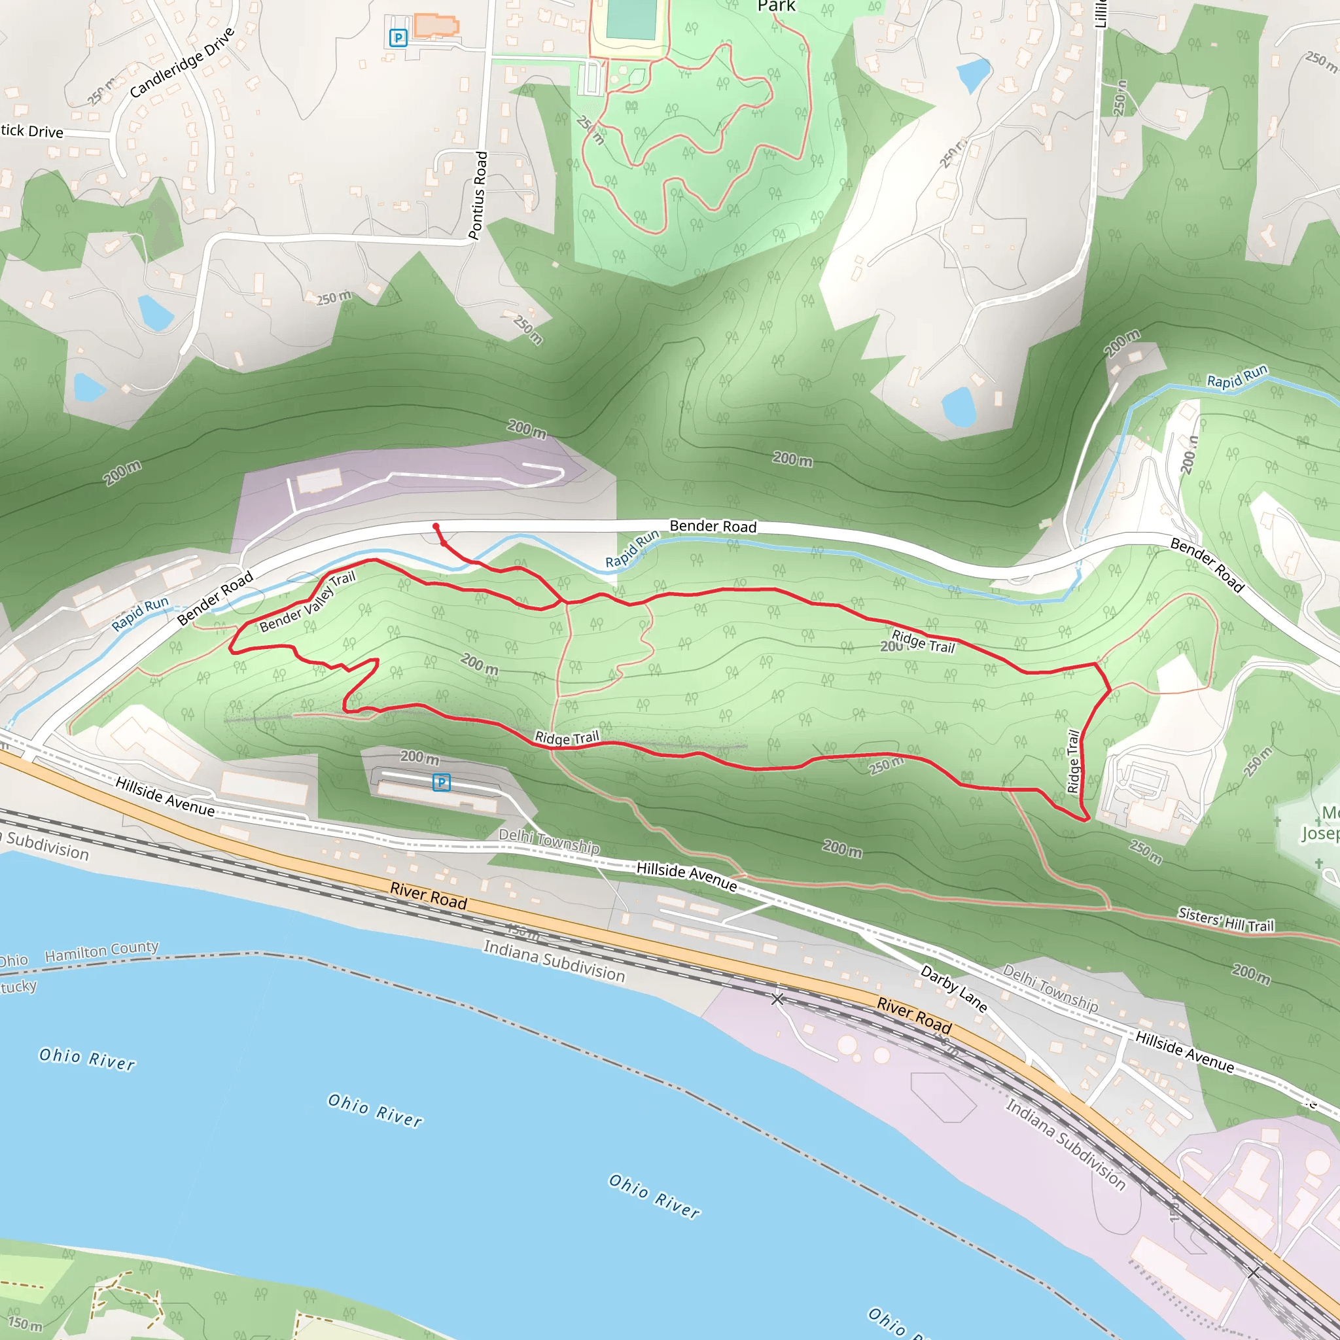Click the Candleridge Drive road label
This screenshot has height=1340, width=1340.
pos(183,62)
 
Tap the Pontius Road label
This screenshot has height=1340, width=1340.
pos(478,196)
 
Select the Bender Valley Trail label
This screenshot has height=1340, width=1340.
pos(308,602)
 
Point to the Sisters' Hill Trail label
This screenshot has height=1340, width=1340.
pos(1225,920)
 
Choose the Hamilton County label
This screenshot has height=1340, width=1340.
pos(102,951)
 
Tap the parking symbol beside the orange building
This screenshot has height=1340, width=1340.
pos(398,38)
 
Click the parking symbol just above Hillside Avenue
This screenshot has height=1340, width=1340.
pos(441,783)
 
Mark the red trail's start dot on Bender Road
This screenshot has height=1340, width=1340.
pos(436,527)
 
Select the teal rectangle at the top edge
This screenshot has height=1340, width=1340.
pos(631,20)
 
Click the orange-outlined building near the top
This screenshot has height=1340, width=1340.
pos(436,26)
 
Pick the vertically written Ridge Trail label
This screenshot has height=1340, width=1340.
pos(1073,761)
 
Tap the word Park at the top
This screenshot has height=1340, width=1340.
pos(776,7)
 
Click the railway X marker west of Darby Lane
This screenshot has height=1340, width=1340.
pos(777,998)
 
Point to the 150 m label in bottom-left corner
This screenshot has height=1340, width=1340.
pos(25,1324)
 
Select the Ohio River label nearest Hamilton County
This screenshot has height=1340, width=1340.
pos(88,1059)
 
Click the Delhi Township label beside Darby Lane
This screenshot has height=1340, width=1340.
pos(1050,987)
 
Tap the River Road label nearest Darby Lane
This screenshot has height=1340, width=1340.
pos(914,1015)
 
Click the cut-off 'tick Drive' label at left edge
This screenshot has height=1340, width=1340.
pos(32,131)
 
